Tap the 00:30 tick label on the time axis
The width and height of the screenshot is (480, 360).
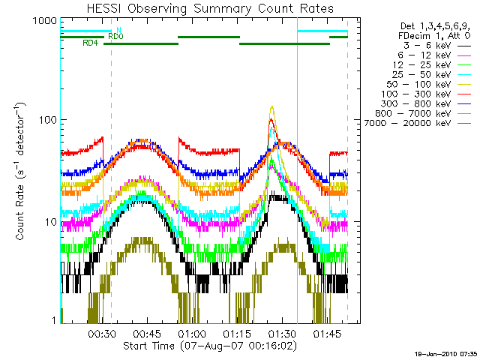tap(101, 334)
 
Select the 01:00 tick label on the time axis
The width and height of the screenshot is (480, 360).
tap(191, 334)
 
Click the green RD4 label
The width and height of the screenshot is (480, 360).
tap(90, 43)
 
